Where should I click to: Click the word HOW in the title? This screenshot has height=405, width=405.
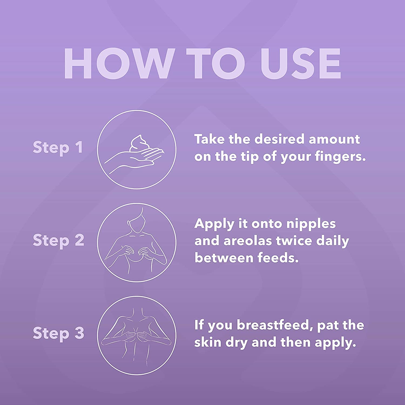118,63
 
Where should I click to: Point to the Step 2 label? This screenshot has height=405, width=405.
58,240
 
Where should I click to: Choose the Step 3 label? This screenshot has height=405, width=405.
58,333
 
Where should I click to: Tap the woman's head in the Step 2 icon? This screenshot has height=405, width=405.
137,221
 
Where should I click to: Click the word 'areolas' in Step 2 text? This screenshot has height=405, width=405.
248,241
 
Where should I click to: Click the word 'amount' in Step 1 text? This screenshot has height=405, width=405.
334,140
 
